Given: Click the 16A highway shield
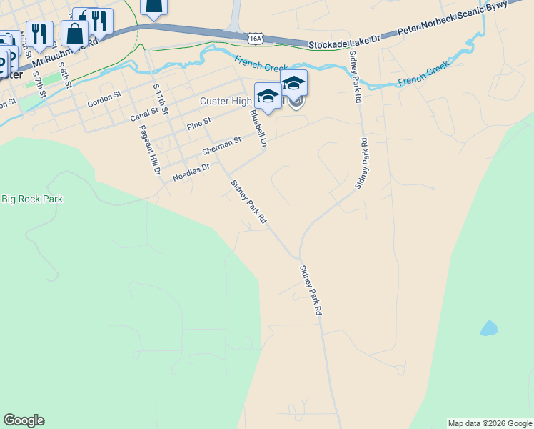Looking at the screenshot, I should [256, 37].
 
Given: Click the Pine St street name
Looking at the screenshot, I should [199, 124].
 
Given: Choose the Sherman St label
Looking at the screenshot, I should [222, 147].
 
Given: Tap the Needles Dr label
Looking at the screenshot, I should [191, 172].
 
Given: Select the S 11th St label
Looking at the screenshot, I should [161, 99].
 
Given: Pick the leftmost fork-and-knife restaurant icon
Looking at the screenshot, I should [39, 33].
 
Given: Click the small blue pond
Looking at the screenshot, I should [488, 328].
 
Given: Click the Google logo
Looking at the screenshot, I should [24, 420].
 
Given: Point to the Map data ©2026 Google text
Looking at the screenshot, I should [490, 423].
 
